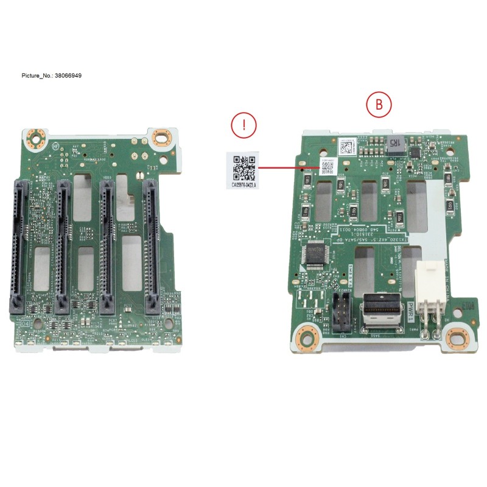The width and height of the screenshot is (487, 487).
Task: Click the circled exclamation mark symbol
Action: tap(243, 125)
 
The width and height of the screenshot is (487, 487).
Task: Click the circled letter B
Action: tap(378, 105)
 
